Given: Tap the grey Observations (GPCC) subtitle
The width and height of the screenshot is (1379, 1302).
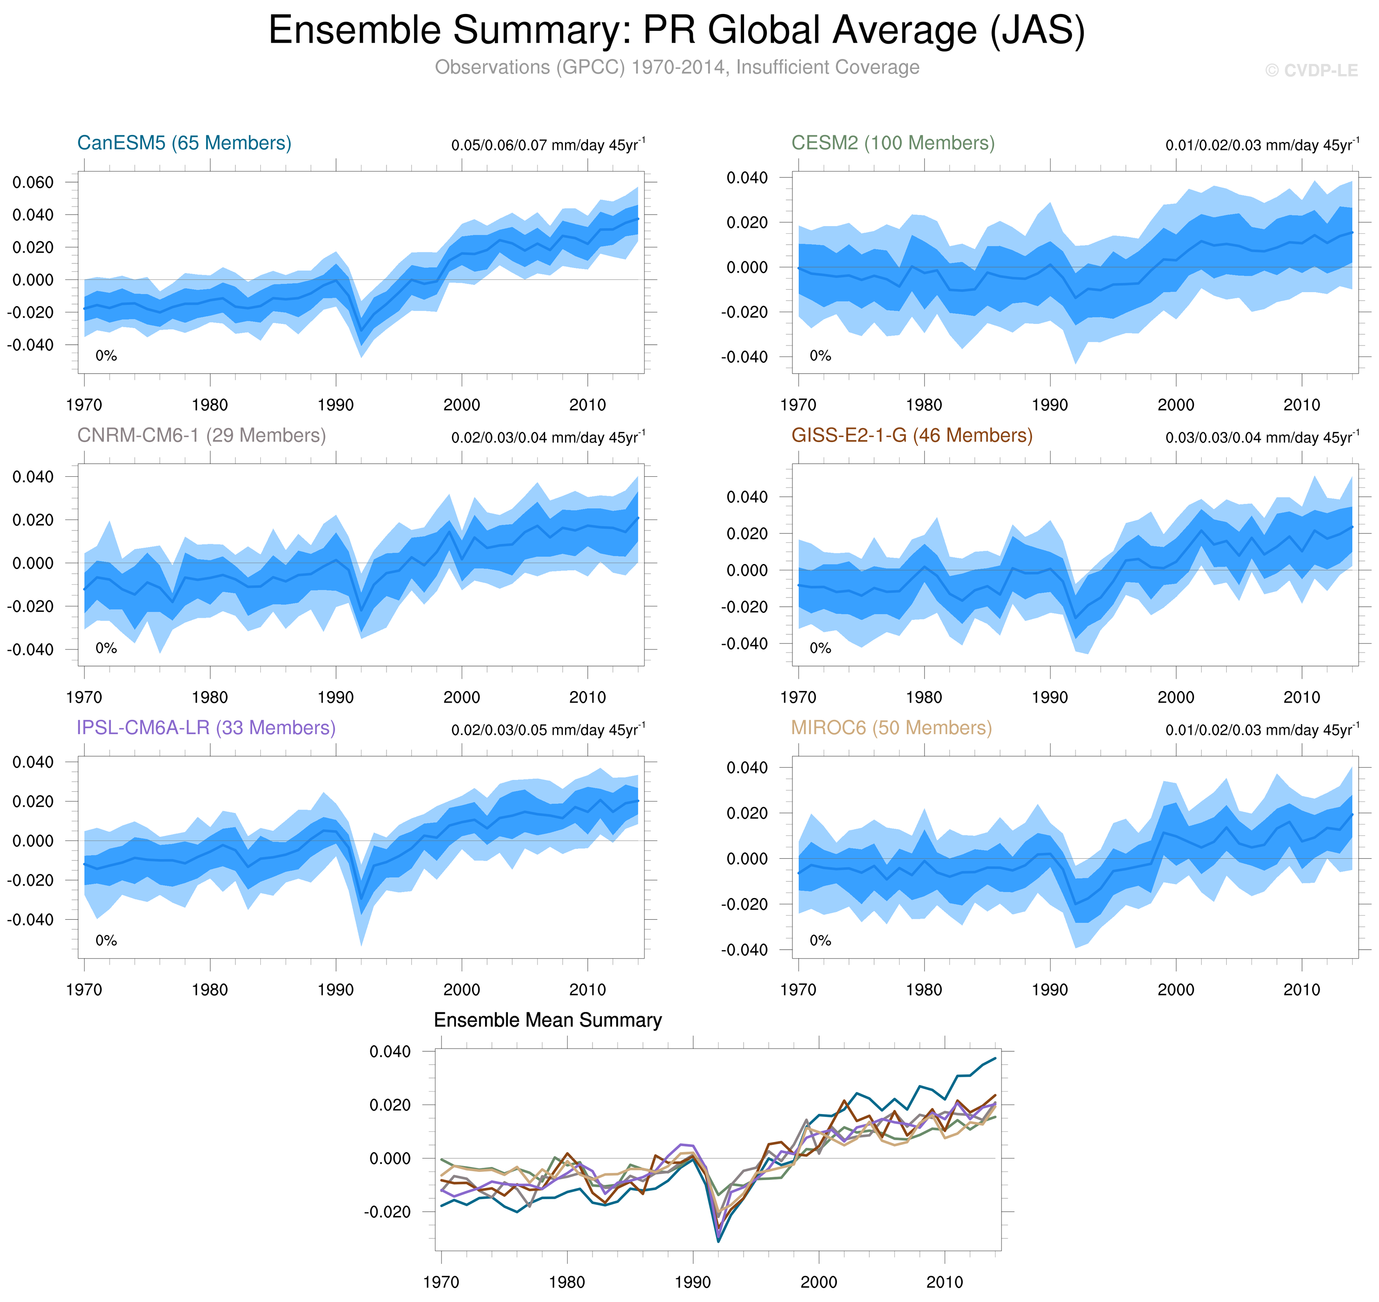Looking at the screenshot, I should click(676, 67).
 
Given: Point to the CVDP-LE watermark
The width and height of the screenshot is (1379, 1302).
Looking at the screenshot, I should click(1310, 71).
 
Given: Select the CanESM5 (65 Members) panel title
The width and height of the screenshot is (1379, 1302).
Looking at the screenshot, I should click(184, 143).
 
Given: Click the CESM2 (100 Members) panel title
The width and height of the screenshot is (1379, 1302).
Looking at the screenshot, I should click(893, 143).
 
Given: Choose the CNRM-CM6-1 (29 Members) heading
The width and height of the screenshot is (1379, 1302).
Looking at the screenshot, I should click(201, 435).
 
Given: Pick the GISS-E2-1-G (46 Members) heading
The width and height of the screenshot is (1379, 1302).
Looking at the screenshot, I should click(911, 435).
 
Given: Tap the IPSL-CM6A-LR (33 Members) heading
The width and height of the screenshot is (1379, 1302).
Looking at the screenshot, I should click(206, 727).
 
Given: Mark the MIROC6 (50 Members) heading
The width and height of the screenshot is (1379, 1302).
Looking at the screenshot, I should click(891, 727).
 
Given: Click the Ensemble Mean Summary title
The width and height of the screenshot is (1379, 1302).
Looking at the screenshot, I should click(547, 1020).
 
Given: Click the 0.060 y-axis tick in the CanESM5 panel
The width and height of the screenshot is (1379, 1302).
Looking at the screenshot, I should click(33, 182).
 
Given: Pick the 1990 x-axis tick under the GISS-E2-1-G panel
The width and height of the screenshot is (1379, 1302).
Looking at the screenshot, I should click(1050, 697).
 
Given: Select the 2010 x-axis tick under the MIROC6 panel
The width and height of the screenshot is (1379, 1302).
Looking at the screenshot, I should click(1301, 990).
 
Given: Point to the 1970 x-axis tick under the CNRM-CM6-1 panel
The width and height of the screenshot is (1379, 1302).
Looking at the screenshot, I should click(84, 697).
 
